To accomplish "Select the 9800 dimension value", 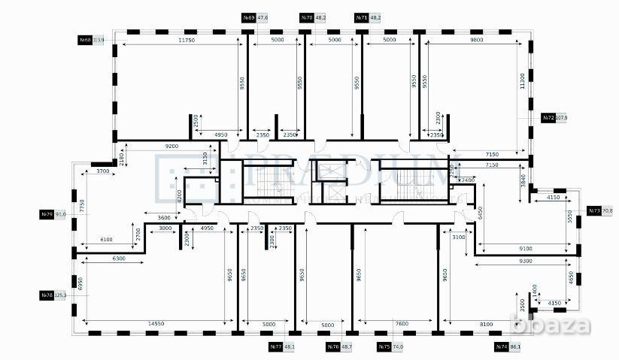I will point(475,40).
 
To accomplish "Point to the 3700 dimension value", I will point(103,171).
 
